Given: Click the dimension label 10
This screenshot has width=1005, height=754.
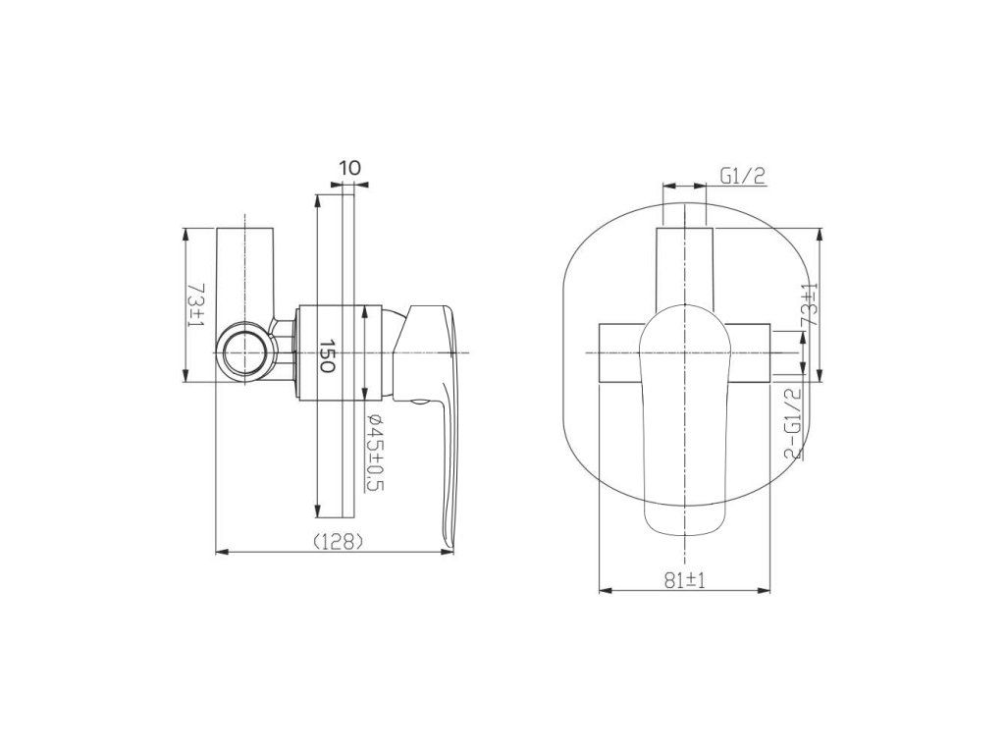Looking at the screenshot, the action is click(350, 168).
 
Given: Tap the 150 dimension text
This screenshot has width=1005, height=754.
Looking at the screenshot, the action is click(327, 356).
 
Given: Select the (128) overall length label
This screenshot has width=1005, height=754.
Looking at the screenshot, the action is click(339, 542).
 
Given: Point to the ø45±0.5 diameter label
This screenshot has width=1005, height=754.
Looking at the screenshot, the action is click(374, 453).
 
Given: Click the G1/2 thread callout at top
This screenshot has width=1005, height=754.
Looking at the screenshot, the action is click(743, 176).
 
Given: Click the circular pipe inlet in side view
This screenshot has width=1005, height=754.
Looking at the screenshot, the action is click(243, 353).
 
